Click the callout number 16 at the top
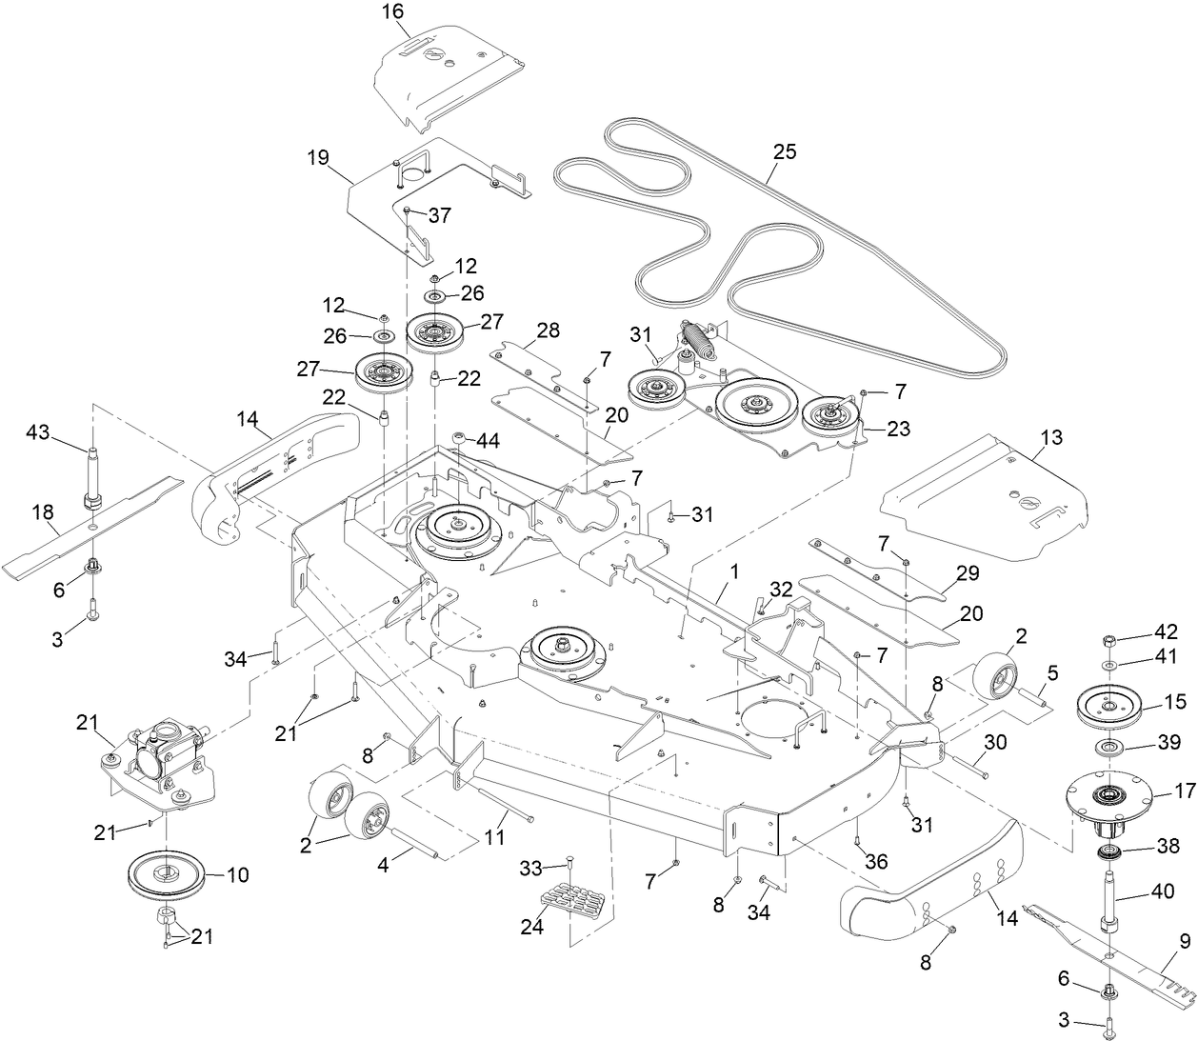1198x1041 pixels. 391,11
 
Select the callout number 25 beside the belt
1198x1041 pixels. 785,151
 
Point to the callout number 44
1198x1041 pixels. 489,440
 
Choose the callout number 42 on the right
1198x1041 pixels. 1166,631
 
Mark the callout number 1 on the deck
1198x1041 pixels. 734,571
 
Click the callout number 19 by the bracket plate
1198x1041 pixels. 316,157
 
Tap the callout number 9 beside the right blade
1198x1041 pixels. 1185,942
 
